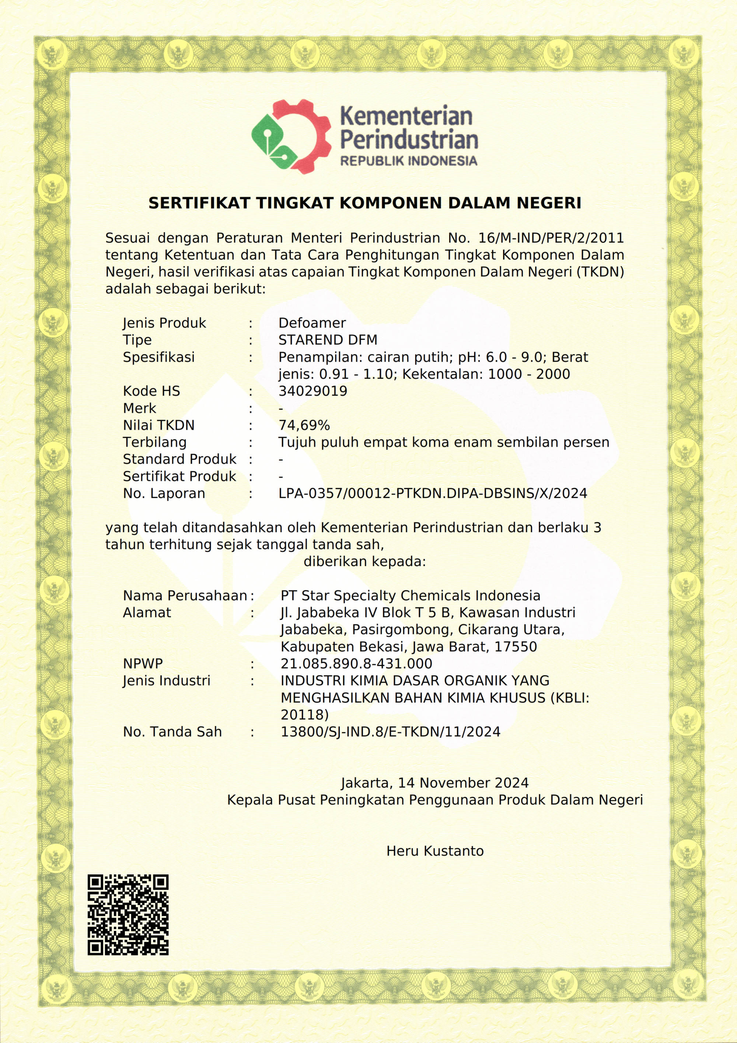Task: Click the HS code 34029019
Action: pos(312,391)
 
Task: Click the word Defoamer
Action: pos(312,323)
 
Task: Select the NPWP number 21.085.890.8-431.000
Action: pos(356,664)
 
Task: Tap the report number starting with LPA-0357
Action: pos(432,493)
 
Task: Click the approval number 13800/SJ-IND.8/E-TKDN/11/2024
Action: pos(390,732)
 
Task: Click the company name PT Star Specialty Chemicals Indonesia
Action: pos(410,596)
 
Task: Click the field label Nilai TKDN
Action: pos(158,425)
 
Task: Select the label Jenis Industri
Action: pos(166,680)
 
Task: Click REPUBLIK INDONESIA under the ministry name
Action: pos(408,161)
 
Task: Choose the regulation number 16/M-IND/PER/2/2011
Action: pos(551,238)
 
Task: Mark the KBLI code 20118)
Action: pos(304,715)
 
